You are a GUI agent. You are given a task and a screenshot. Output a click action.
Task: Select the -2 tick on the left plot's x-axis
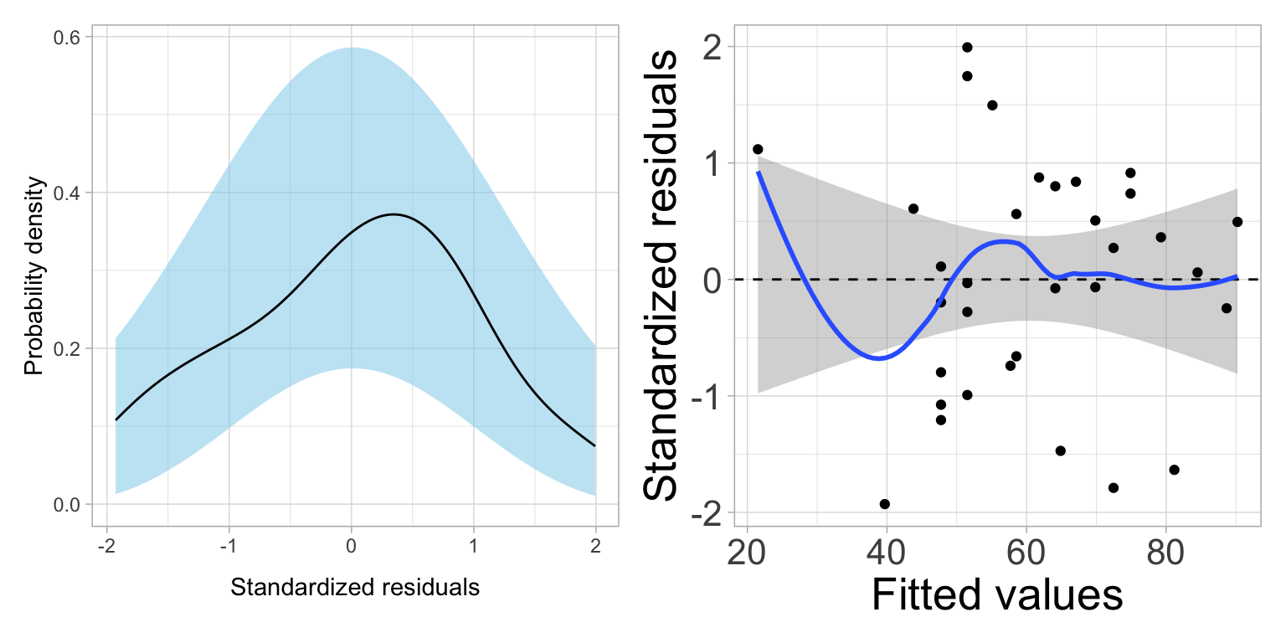tap(105, 547)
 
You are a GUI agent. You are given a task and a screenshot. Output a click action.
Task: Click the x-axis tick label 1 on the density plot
tap(474, 547)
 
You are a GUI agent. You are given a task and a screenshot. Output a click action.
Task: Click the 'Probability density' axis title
tap(33, 275)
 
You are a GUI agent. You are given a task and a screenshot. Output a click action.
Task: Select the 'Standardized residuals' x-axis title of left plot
tap(354, 588)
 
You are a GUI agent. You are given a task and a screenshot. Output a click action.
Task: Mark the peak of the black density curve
tap(393, 214)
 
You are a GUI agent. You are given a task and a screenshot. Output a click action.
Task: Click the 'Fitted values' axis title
tap(996, 595)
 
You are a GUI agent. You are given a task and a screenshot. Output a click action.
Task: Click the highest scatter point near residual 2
tap(967, 47)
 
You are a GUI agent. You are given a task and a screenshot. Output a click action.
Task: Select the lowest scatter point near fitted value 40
tap(884, 504)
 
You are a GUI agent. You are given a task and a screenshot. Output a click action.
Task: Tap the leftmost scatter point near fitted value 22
tap(758, 149)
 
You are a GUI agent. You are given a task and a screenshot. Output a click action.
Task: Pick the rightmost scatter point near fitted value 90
tap(1237, 222)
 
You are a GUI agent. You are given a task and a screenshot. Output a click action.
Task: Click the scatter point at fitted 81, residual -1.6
tap(1174, 470)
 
